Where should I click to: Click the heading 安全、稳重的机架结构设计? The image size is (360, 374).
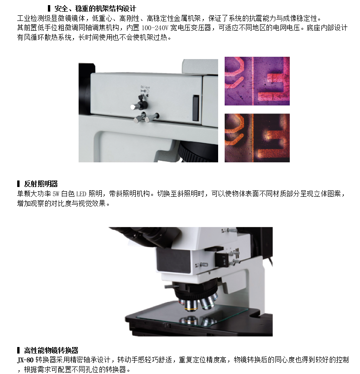click(x=95, y=9)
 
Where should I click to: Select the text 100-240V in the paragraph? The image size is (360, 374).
click(x=155, y=28)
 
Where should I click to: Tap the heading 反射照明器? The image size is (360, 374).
click(x=41, y=184)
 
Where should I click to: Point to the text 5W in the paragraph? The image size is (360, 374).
click(x=56, y=194)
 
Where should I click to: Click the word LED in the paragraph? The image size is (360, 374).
click(x=81, y=194)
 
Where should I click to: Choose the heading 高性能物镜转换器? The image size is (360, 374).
click(x=51, y=350)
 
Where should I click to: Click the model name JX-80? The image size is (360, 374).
click(x=25, y=360)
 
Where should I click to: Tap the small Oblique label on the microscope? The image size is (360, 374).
click(x=145, y=87)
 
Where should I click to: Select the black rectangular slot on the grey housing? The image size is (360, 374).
click(x=196, y=108)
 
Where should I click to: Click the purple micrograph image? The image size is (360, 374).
click(x=257, y=81)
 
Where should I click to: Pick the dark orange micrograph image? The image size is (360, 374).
click(x=257, y=138)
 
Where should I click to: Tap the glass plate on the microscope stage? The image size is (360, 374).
click(x=192, y=314)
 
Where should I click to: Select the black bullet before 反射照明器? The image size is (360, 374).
click(x=18, y=184)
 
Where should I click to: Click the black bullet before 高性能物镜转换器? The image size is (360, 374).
click(x=18, y=350)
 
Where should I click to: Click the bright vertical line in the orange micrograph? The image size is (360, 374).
click(x=253, y=138)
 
